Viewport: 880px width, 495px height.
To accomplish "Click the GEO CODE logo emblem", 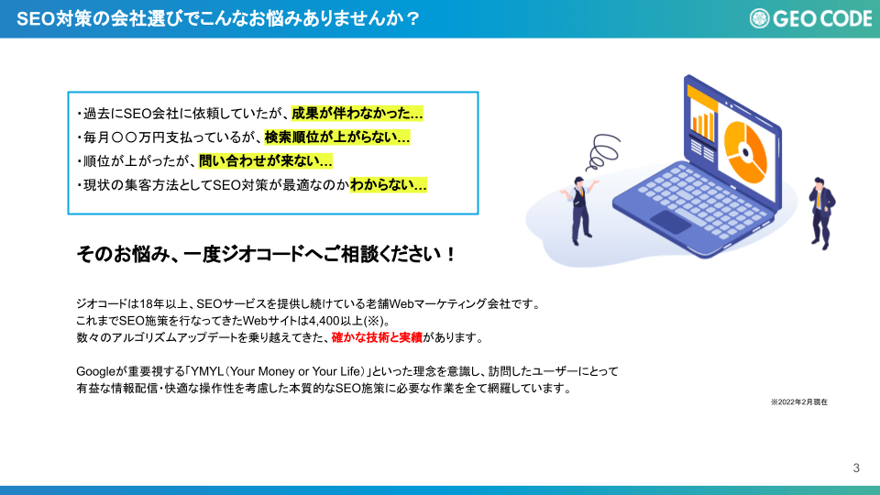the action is pos(759,18).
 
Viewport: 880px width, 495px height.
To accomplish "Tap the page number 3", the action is pos(856,468).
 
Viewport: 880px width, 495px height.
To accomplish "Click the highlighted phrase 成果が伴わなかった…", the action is pos(357,114).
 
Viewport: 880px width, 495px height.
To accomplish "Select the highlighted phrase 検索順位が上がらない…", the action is pos(337,137).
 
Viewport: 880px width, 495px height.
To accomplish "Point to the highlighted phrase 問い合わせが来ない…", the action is pos(266,161).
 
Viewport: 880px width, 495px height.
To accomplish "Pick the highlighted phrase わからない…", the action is pos(389,185).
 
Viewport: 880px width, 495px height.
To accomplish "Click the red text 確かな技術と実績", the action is pos(377,338).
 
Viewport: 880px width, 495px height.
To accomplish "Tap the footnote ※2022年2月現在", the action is pos(798,402).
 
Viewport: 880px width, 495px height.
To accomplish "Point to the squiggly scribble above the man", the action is pos(603,151).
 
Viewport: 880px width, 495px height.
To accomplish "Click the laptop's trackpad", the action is pos(671,222).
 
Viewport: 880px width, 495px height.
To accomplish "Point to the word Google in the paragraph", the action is pos(96,371).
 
